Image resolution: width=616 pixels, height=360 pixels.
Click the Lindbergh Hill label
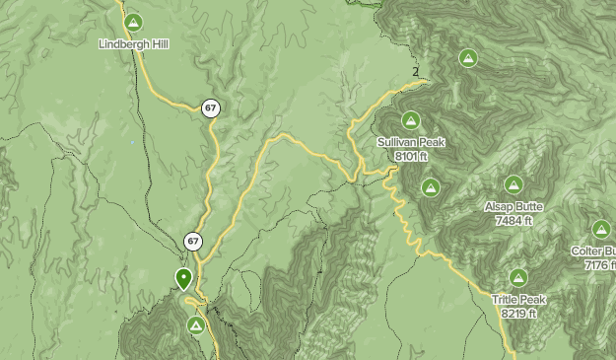click(134, 43)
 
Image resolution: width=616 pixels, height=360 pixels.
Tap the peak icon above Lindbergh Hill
click(134, 23)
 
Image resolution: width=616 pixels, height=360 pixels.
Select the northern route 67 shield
click(210, 108)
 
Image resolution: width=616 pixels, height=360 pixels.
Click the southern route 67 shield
click(193, 241)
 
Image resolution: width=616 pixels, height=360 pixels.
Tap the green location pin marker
click(183, 278)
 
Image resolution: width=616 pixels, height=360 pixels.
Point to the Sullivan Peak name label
click(411, 142)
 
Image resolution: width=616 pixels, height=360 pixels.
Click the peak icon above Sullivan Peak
click(411, 121)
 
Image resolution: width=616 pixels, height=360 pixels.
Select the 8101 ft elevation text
click(411, 156)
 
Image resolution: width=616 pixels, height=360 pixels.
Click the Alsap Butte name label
click(513, 207)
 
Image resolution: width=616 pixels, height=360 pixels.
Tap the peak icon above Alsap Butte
click(513, 185)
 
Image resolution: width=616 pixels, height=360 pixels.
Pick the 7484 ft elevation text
click(513, 221)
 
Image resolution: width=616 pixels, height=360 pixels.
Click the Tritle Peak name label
click(518, 300)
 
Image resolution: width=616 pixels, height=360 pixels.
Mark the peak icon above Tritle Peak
click(518, 278)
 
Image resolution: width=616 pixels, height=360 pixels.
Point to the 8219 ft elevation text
click(518, 314)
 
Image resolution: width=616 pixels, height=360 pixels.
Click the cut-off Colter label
click(593, 252)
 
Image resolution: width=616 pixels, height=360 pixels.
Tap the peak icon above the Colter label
click(602, 230)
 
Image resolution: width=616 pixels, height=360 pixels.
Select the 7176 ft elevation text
click(598, 265)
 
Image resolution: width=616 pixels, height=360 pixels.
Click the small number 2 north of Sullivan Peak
click(416, 70)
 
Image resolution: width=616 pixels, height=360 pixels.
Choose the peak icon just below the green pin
click(197, 324)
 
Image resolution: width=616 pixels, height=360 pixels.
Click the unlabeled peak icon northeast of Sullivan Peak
click(469, 58)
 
